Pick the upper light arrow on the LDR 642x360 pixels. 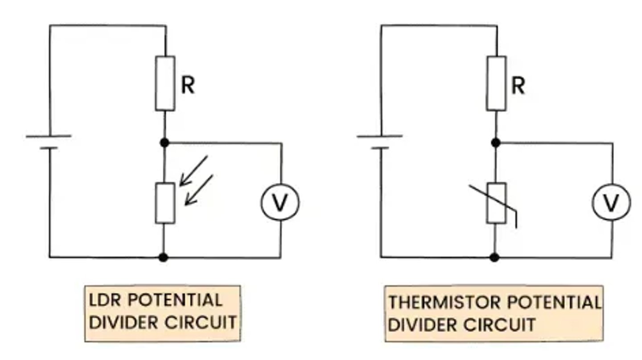point(193,171)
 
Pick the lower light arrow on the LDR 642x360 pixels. point(199,190)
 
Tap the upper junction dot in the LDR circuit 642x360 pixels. point(165,142)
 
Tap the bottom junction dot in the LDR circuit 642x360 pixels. point(163,258)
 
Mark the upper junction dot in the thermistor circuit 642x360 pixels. point(496,142)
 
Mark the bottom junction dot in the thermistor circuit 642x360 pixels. point(494,258)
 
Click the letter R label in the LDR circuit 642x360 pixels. point(188,86)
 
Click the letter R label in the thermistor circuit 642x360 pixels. point(519,86)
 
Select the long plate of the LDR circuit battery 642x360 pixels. point(49,136)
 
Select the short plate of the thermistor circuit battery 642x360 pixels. point(380,148)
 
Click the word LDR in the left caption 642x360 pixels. point(105,300)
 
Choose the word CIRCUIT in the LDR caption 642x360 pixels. point(201,323)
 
